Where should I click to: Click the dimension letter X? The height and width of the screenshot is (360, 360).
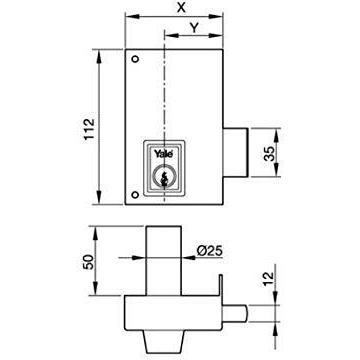pos(181,7)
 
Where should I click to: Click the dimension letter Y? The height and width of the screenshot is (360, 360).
pos(195,28)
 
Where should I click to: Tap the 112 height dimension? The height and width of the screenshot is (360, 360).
pos(89,129)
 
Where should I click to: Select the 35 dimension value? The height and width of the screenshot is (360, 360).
pos(270,153)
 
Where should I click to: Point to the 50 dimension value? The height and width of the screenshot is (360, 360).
pos(89,262)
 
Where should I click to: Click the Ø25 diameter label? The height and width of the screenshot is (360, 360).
pos(210,250)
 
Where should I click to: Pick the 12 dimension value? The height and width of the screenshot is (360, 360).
pos(268,279)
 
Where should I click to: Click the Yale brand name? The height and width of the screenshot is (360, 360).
pos(163,154)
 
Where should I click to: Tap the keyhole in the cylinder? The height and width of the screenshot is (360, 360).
pos(163,179)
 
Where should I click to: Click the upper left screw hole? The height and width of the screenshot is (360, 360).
pos(135,59)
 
